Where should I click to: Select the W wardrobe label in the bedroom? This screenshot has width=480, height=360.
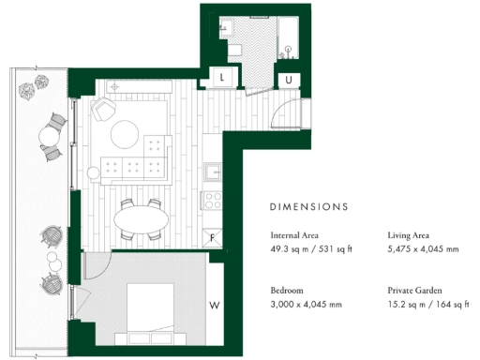point(215,304)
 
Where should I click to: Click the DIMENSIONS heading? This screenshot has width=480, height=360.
point(308,205)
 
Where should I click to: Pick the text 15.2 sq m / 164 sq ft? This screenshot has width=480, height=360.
point(427,305)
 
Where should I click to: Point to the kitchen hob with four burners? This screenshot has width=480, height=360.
point(213,199)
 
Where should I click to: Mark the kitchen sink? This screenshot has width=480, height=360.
point(214,172)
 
